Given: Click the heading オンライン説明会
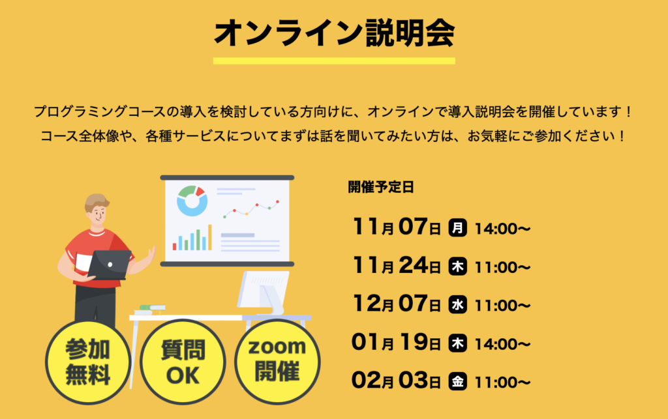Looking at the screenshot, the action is pos(335,33).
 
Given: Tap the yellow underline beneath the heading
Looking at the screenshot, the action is pos(334,61).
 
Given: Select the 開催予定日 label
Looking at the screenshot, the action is pos(381,187).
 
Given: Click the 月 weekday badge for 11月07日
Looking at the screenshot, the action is pos(457,228).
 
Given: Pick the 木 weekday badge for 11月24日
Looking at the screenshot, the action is pos(457,267).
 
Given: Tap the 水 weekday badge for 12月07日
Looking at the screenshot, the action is pos(457,305).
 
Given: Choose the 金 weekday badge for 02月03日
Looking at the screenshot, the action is pos(457,382).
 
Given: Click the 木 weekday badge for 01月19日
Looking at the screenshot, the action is pos(457,343).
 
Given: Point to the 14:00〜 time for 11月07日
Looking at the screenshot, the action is pos(502,229).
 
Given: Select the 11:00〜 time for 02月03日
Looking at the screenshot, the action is pos(502,383).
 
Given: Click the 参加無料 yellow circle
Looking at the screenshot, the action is pos(88,362).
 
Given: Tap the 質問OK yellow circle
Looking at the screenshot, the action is pos(183,362).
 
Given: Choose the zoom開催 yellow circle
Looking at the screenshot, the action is pos(277,362).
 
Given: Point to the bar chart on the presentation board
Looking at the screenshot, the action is pos(192,238).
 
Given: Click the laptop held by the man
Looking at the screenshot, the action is pos(109,265).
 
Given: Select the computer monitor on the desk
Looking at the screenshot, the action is pos(264,293).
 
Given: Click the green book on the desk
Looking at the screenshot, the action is pos(152,307).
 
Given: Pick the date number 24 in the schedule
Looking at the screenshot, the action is pos(413,265).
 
